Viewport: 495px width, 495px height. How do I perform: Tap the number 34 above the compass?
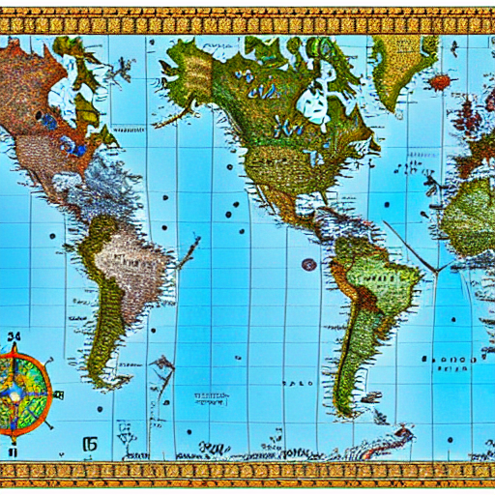[x=14, y=337]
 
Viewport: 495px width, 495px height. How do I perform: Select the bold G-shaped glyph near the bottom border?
[x=92, y=418]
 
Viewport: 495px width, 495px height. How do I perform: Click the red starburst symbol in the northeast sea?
[x=441, y=81]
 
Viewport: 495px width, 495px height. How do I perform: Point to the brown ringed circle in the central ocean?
[x=308, y=264]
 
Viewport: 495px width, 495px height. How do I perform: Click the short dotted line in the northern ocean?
[x=129, y=128]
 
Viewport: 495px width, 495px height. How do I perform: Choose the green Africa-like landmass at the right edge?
[x=472, y=218]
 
